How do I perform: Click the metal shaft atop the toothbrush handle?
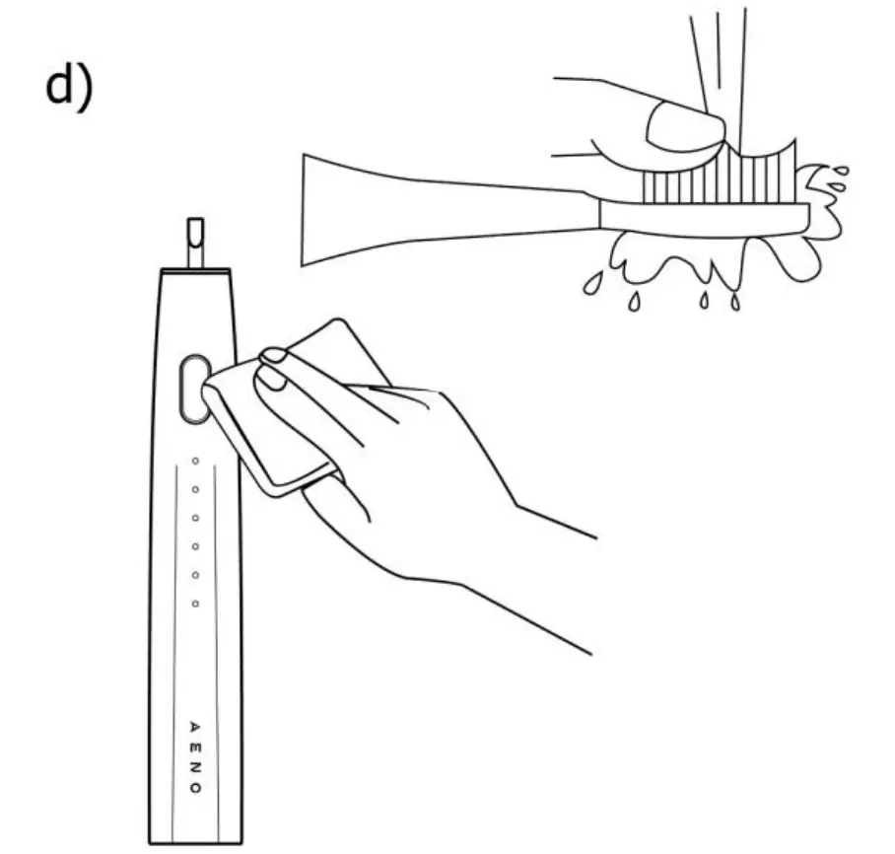point(195,241)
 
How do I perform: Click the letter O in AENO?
point(195,789)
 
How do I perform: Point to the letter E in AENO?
point(195,747)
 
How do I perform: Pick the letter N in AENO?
point(195,767)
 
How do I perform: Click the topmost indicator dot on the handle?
point(195,461)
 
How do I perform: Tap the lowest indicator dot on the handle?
point(195,603)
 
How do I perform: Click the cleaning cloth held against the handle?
point(296,414)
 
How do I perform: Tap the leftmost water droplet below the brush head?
point(591,284)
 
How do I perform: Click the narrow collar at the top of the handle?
point(195,269)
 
